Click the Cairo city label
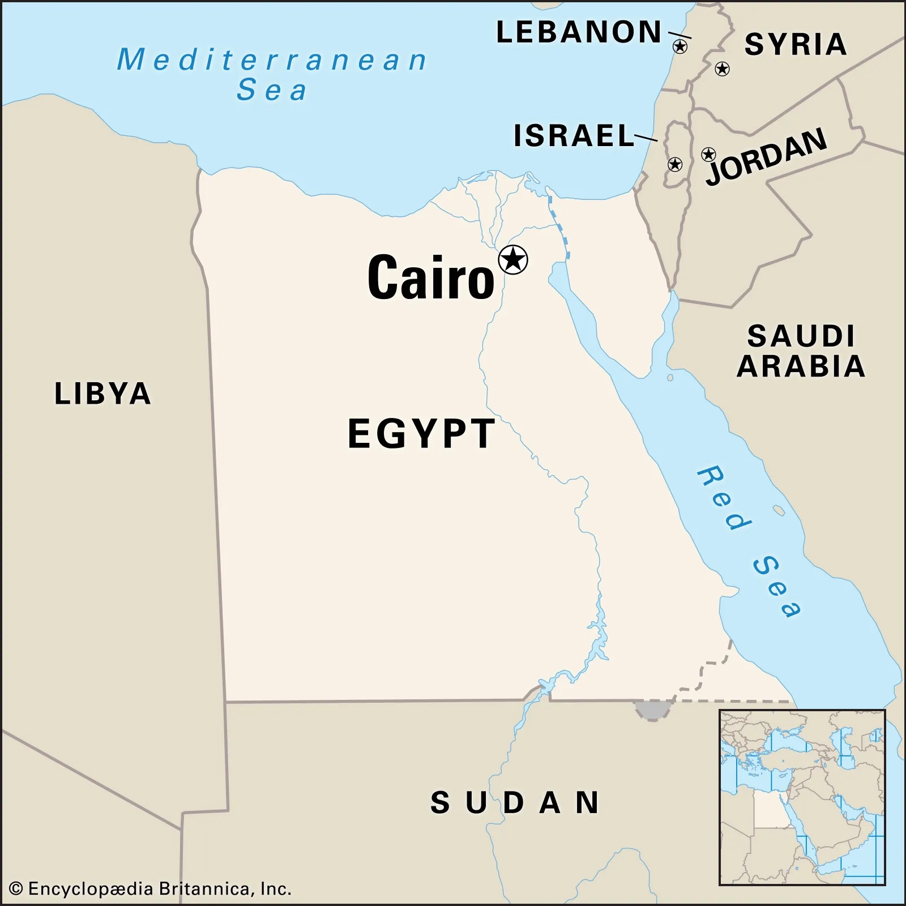430,277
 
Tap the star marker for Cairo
513,260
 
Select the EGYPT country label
421,434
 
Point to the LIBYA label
102,394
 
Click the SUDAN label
515,803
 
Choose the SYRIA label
796,44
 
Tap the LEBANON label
579,32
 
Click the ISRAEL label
574,136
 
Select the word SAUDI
801,336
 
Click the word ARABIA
801,366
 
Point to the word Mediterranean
272,59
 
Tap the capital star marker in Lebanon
680,46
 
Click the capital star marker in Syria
722,69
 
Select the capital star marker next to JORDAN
708,154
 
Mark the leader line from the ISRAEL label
646,138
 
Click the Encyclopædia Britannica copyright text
151,889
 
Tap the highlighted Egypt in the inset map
768,809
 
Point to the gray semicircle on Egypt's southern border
653,710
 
